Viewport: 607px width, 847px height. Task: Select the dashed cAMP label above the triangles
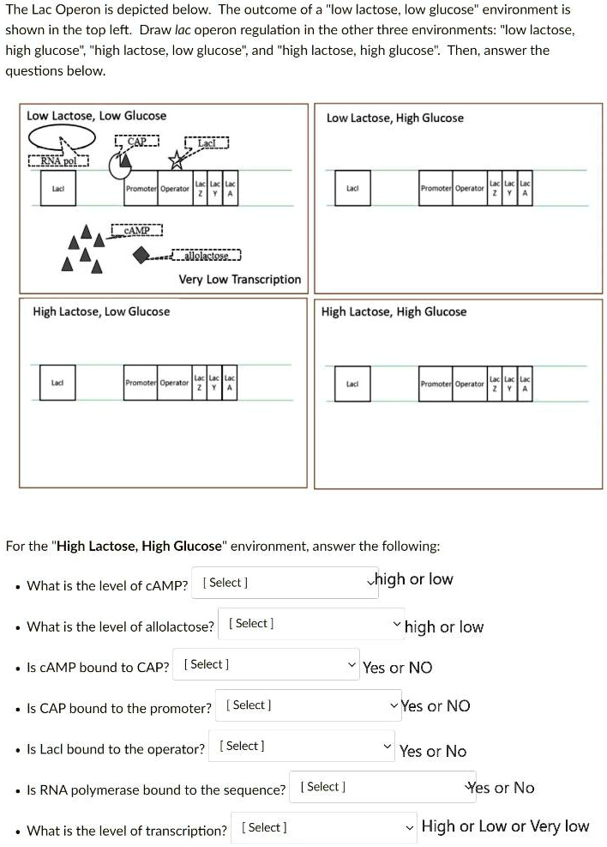tap(136, 230)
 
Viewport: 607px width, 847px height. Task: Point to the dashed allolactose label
tap(206, 255)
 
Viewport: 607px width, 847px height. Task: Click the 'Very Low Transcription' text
tap(239, 279)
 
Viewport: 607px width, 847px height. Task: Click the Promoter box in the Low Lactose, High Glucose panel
tap(436, 188)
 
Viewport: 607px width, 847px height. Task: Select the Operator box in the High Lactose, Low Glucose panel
tap(175, 383)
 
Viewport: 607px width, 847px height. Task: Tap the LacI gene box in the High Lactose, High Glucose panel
tap(352, 384)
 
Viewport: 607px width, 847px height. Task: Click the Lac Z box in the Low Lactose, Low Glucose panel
tap(200, 189)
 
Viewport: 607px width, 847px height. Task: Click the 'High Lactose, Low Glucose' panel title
tap(101, 312)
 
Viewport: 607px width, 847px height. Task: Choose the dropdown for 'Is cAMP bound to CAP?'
tap(266, 664)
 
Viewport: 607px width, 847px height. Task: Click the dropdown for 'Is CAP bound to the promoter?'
tap(308, 705)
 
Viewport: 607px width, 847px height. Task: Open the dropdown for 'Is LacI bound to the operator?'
tap(303, 747)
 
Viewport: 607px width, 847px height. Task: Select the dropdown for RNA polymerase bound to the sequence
tap(382, 787)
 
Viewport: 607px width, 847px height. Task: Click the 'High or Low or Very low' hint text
tap(505, 826)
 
